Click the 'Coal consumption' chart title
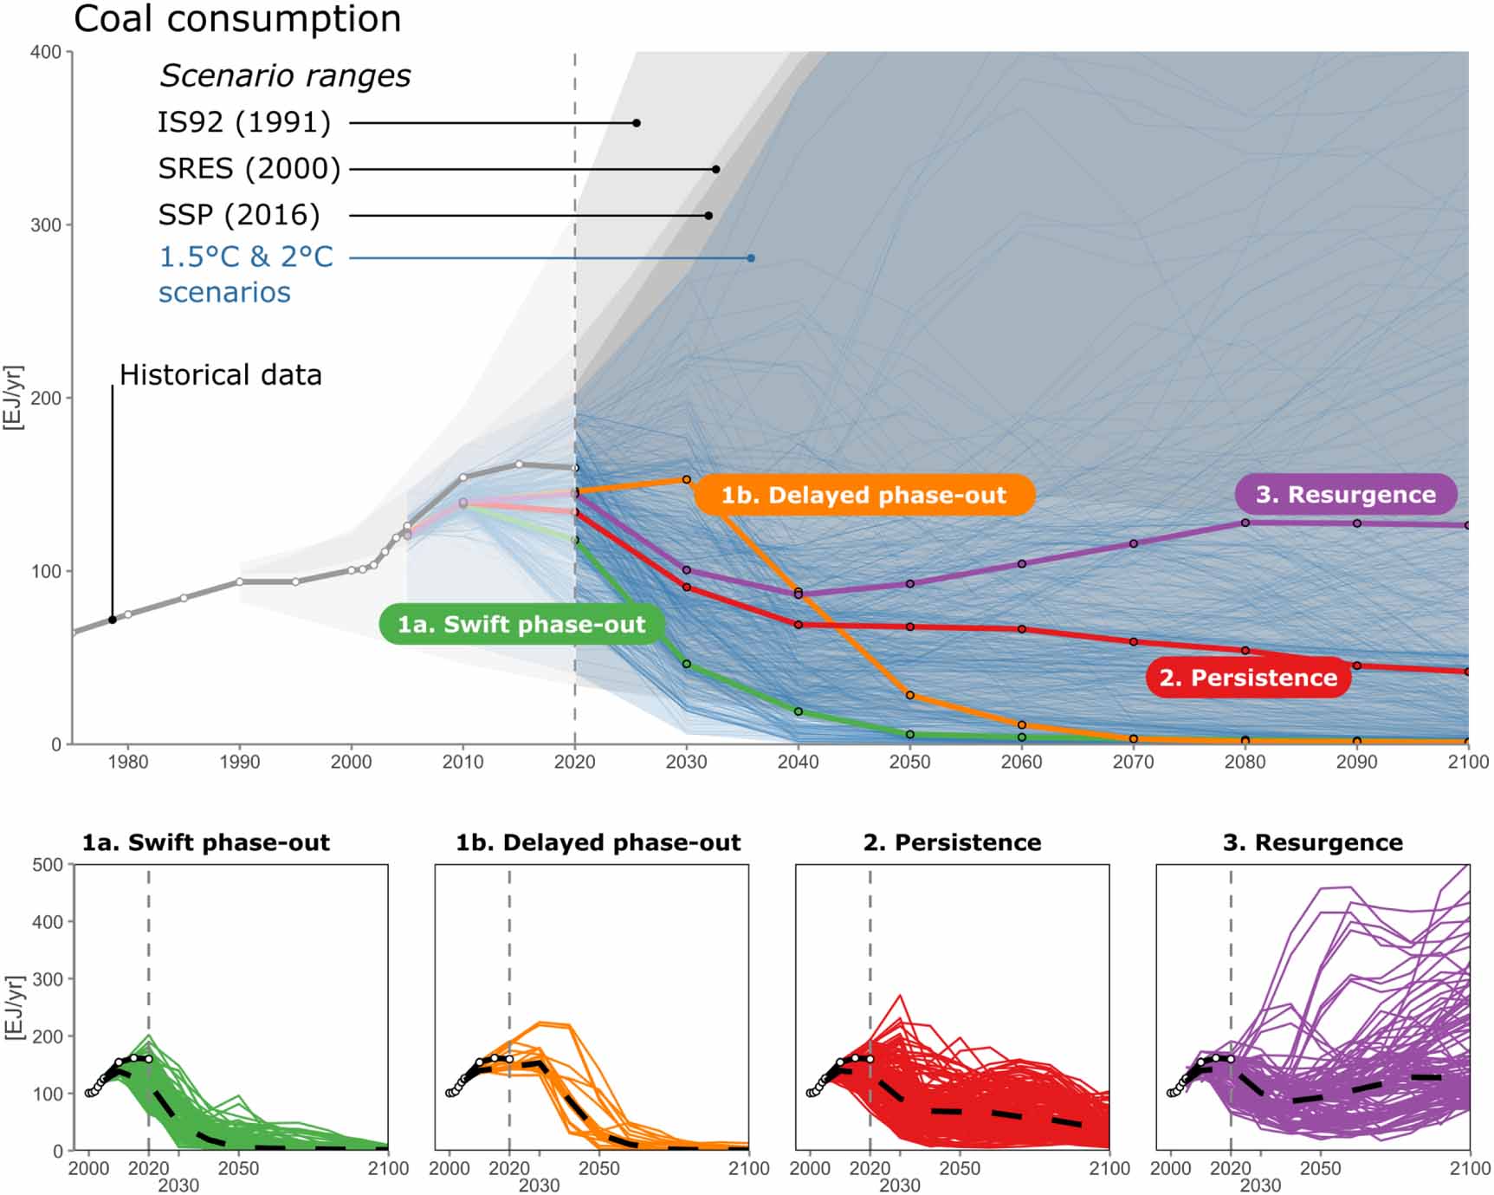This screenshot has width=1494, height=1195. point(237,19)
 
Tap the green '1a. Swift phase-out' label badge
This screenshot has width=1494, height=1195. point(521,624)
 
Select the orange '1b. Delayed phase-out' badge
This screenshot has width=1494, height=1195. point(863,495)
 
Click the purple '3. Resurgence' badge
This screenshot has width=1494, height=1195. point(1345,495)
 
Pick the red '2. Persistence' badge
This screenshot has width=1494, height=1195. point(1248,678)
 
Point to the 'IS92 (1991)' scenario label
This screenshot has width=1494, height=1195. point(244,122)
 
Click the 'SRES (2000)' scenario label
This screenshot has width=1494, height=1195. point(249,168)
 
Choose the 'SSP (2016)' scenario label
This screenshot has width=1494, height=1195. point(239,215)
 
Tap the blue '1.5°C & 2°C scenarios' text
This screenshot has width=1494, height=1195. point(246,274)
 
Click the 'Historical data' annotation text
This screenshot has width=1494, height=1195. point(221,374)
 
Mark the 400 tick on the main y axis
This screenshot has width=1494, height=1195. point(46,52)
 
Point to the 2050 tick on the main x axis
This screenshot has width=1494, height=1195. point(909,762)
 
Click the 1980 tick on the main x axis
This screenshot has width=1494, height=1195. point(127,762)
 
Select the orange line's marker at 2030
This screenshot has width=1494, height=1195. point(687,479)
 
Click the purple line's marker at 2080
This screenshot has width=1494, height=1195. point(1245,523)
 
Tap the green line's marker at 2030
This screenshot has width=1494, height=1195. point(687,664)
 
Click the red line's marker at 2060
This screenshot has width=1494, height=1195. point(1022,629)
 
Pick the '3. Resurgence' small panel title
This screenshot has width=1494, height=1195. point(1312,842)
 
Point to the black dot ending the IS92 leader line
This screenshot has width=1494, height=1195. point(637,123)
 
